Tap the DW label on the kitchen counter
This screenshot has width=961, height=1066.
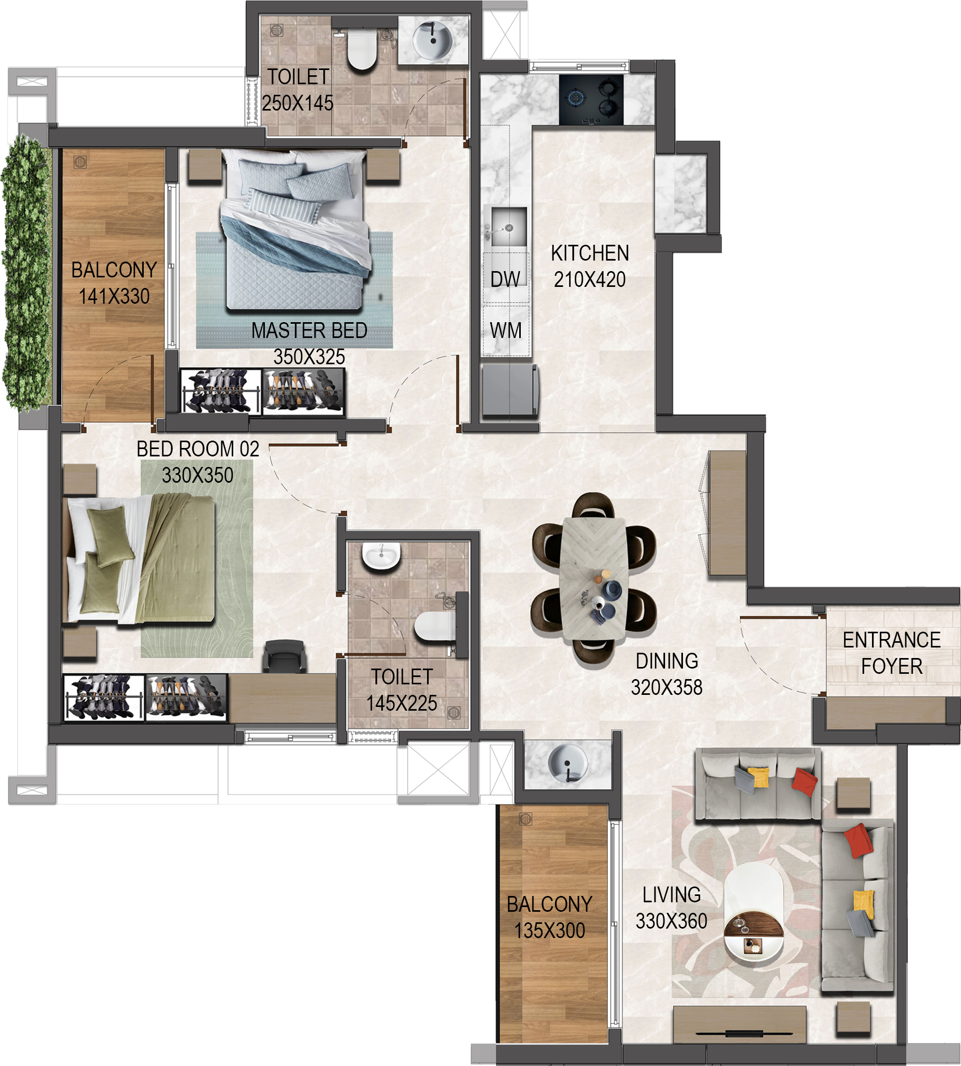(506, 279)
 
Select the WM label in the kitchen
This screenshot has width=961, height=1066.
(506, 331)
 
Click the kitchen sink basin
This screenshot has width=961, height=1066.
(509, 227)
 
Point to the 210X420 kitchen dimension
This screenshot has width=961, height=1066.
(590, 279)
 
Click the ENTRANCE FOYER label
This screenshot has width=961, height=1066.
(892, 653)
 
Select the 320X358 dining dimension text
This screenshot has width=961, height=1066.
(666, 688)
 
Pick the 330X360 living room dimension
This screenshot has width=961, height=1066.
(671, 921)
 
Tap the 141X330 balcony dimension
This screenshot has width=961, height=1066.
(114, 296)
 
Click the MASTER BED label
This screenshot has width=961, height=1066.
(310, 331)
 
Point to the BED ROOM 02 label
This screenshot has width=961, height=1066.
(198, 449)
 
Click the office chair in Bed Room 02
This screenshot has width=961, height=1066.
(285, 656)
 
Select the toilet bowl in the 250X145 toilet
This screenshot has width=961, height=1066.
(362, 50)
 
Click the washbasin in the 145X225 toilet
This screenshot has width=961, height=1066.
(381, 556)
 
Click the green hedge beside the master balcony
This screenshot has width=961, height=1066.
(26, 272)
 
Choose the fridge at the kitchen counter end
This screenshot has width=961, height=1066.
(510, 390)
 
